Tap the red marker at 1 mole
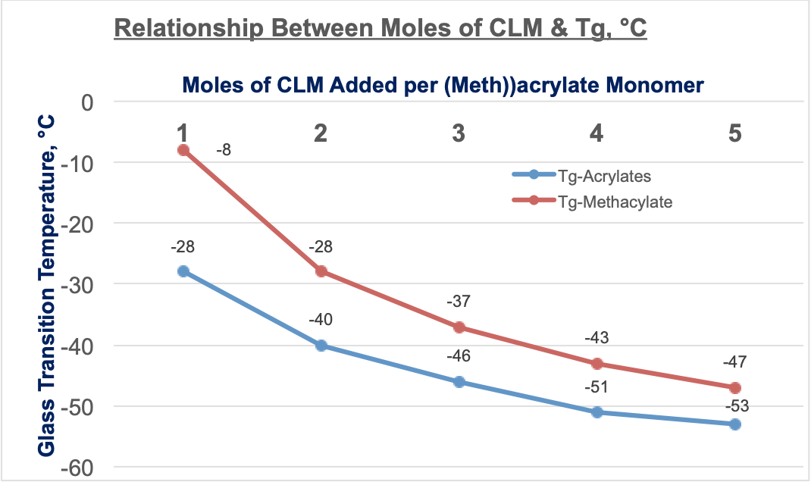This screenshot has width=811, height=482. (x=183, y=150)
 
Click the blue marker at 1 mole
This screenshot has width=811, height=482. (x=183, y=271)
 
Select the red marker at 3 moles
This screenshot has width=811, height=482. (x=459, y=327)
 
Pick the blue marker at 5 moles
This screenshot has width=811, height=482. (x=734, y=424)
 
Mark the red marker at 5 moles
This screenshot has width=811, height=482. (x=734, y=388)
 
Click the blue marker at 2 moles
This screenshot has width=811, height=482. (x=321, y=346)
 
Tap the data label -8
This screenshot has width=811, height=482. (x=223, y=150)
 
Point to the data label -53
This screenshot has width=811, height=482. (x=734, y=406)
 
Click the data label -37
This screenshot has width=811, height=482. (x=459, y=302)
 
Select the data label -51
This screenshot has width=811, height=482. (x=597, y=388)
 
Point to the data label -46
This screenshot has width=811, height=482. (x=459, y=356)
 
